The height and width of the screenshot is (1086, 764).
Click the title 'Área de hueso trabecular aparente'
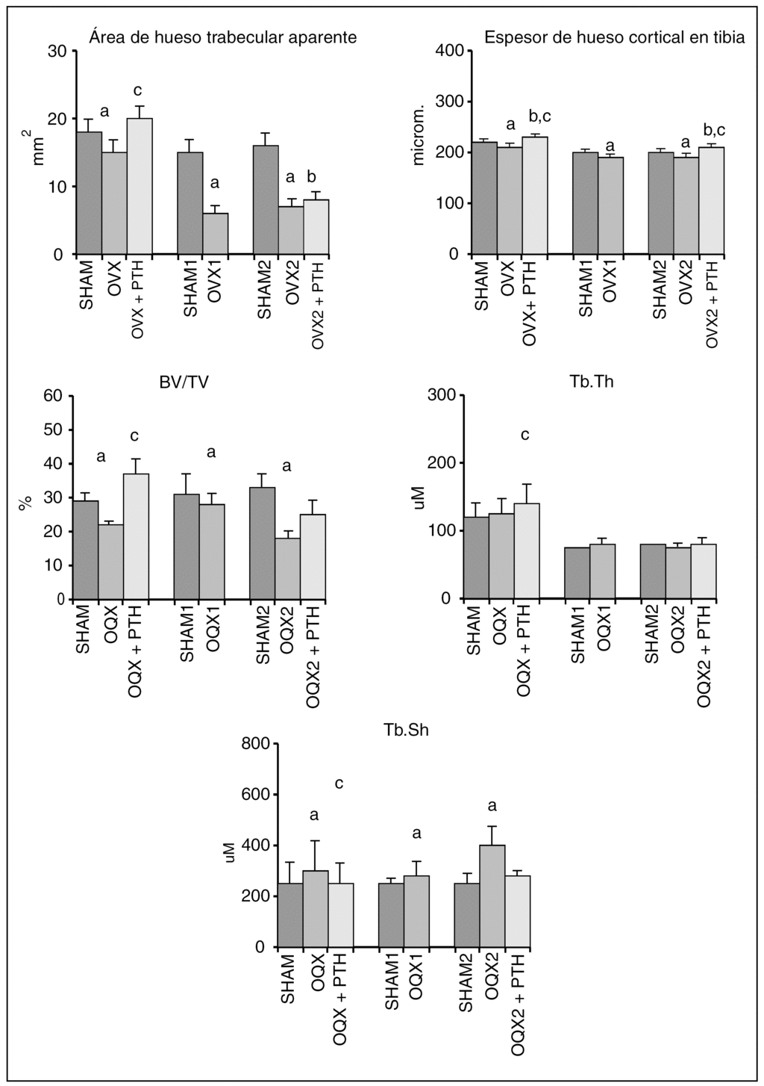tap(222, 37)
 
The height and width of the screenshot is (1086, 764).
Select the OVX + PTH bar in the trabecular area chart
tap(140, 186)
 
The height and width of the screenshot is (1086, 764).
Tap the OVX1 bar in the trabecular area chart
tap(215, 233)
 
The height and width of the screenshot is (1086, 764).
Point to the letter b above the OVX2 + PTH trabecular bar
tap(312, 177)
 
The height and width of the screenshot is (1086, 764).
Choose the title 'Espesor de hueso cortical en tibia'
tap(614, 37)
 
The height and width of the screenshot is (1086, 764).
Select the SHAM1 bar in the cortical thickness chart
tap(585, 202)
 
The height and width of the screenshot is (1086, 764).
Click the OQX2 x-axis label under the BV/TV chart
tap(287, 630)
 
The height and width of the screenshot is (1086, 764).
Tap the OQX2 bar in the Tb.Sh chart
tap(492, 896)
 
